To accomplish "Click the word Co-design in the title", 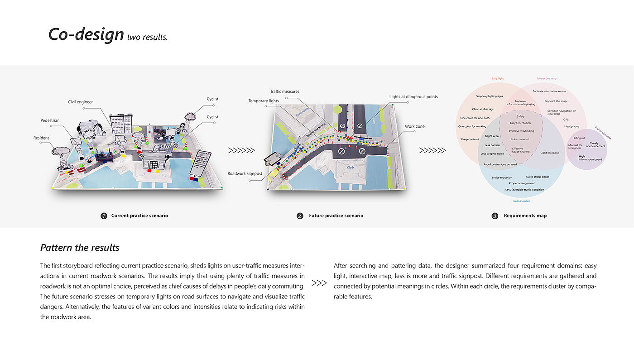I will click(86, 35).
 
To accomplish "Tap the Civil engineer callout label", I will click(81, 102).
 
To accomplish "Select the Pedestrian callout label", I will click(50, 120).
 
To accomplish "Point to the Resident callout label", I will click(42, 138).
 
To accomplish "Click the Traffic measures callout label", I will click(284, 91).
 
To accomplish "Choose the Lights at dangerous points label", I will click(413, 97).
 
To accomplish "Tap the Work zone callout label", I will click(415, 126).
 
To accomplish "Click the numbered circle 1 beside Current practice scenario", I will click(104, 216).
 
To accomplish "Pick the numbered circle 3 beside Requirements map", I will click(495, 216).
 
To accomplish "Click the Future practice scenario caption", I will click(336, 216).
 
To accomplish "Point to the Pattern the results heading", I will click(80, 248).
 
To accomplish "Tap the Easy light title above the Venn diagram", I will click(497, 78).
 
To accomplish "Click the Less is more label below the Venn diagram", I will click(521, 201).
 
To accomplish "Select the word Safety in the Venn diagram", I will click(520, 116).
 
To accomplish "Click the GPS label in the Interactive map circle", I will click(566, 120).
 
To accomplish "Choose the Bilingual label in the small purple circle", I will click(579, 138).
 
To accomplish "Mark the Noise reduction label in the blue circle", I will click(502, 178).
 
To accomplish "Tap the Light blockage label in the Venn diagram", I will click(549, 153).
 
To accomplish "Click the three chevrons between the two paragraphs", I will click(319, 283).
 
